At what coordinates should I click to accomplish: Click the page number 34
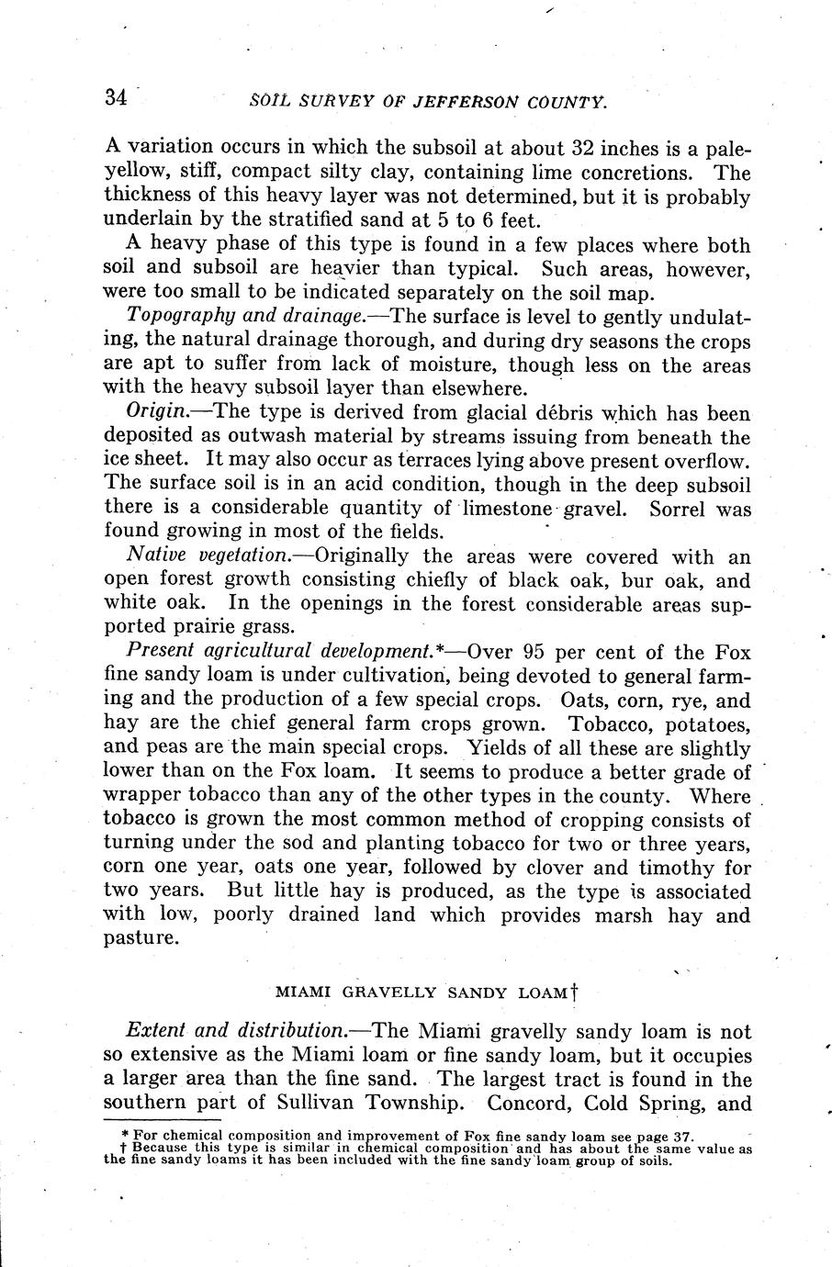coord(116,98)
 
